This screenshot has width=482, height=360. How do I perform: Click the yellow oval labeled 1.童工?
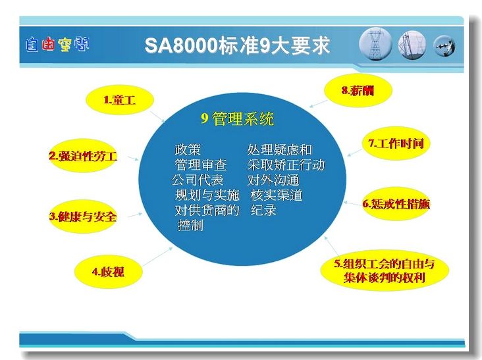(x=119, y=100)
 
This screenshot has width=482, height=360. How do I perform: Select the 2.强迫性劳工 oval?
(x=83, y=156)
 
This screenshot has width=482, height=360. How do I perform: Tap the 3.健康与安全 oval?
(x=83, y=217)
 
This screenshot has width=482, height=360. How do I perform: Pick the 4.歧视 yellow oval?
(x=108, y=272)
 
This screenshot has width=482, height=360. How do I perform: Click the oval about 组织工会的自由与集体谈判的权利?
(x=385, y=270)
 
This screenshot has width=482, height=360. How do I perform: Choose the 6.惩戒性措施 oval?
(x=396, y=203)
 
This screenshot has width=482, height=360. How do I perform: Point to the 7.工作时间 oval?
(x=396, y=143)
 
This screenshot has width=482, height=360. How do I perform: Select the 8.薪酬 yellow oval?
(x=358, y=90)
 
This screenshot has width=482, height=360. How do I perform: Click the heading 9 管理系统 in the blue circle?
(x=237, y=119)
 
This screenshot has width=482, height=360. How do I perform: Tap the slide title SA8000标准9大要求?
(x=237, y=45)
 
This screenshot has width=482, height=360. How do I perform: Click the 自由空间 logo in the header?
(x=57, y=45)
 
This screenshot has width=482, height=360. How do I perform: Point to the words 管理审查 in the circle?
(x=201, y=165)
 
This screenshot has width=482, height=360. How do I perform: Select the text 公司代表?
(x=198, y=180)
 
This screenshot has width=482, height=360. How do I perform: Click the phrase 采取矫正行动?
(x=286, y=165)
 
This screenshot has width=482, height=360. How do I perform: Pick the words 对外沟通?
(x=273, y=180)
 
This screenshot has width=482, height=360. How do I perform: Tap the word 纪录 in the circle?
(x=263, y=210)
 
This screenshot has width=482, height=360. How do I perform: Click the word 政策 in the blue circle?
(x=188, y=149)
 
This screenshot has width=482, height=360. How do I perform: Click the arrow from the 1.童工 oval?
(x=157, y=117)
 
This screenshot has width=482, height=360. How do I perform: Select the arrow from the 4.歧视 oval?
(x=157, y=257)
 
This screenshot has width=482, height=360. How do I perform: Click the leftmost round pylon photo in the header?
(x=375, y=44)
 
